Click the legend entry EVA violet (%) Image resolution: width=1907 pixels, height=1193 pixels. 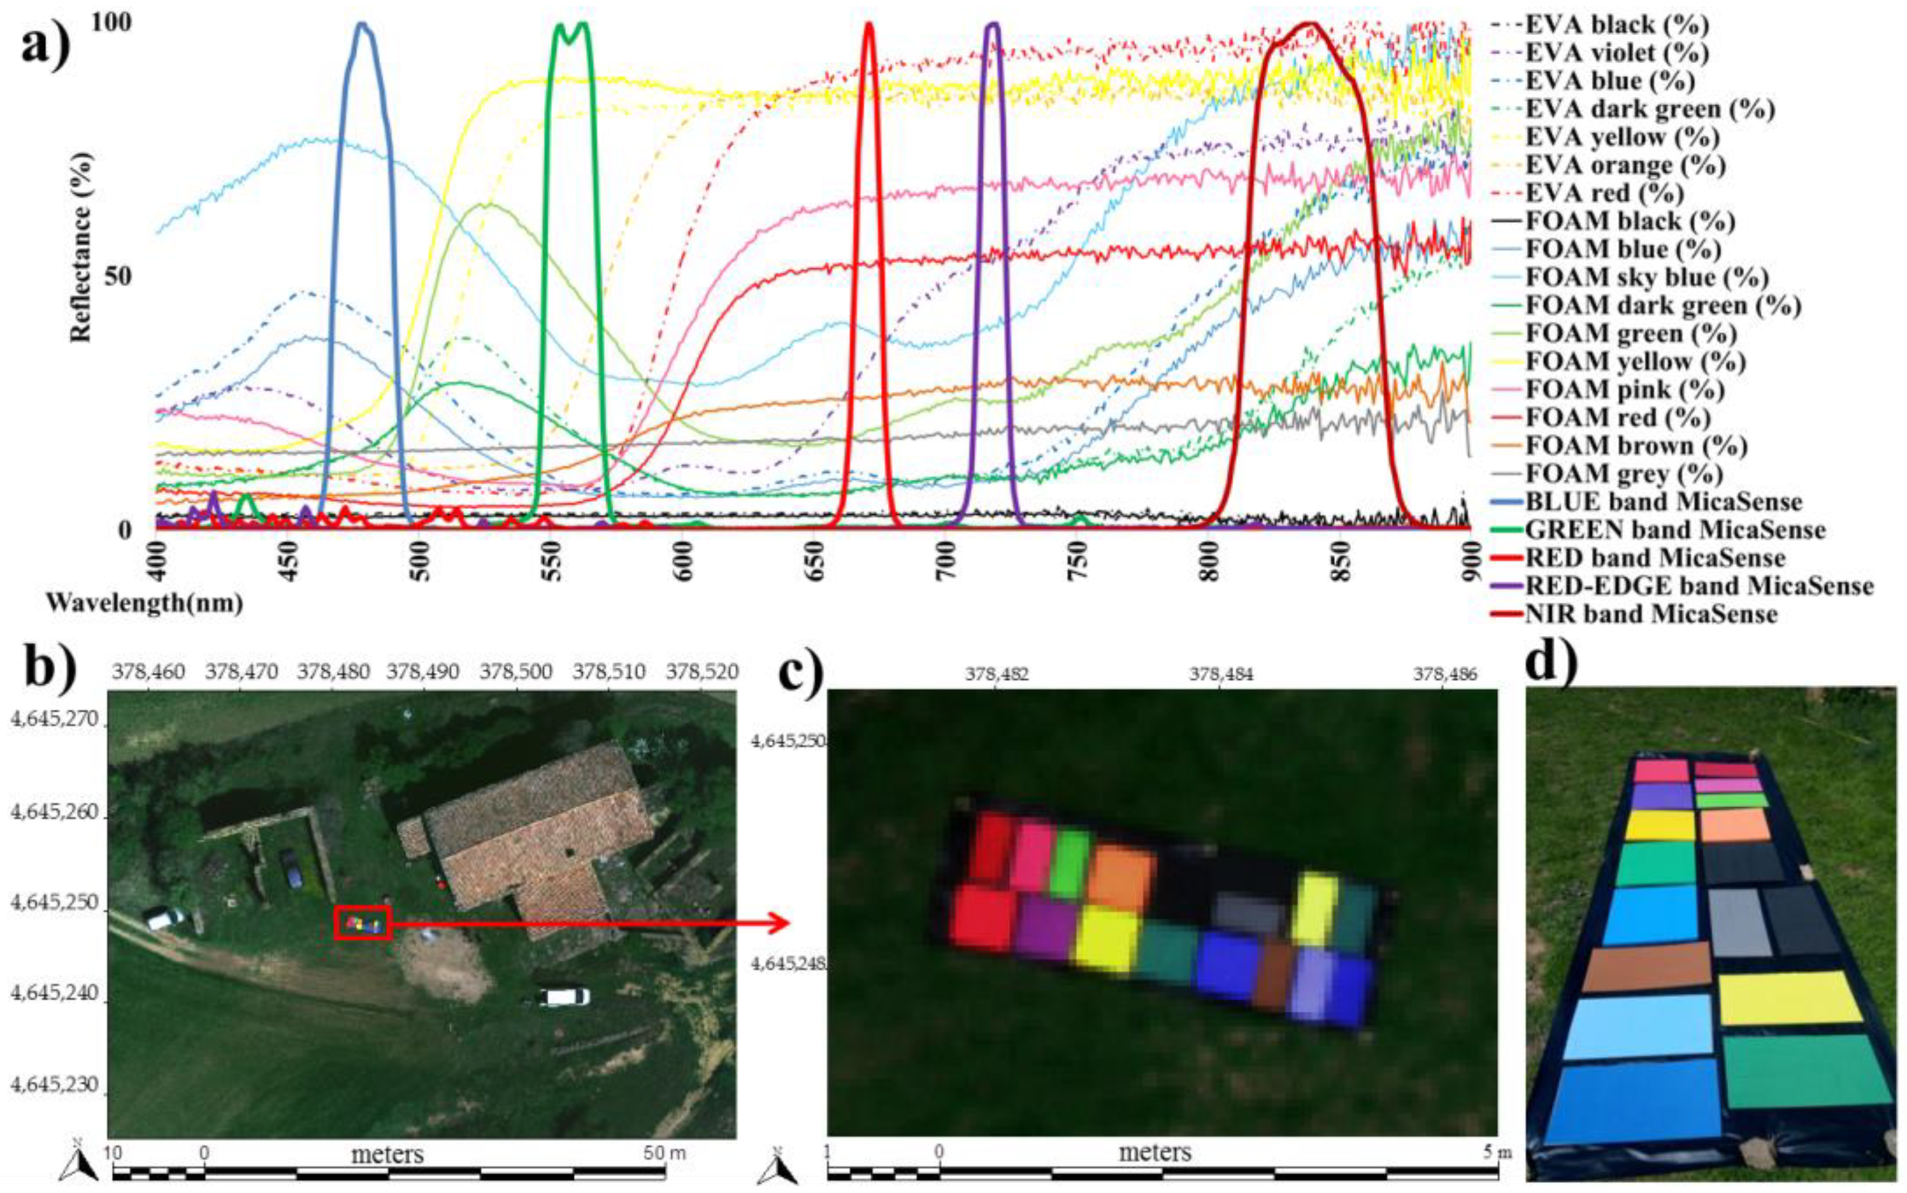coord(1616,53)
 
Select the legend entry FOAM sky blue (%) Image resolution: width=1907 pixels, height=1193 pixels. coord(1645,277)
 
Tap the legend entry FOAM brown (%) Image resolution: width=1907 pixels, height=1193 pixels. coord(1635,446)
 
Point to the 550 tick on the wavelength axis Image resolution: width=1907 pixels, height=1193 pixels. coord(552,561)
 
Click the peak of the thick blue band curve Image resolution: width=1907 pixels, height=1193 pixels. coord(363,23)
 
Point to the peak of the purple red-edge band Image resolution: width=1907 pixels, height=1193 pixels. coord(993,23)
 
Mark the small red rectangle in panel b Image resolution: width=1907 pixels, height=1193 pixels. coord(363,922)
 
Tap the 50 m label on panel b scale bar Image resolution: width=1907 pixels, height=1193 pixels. coord(665,1153)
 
